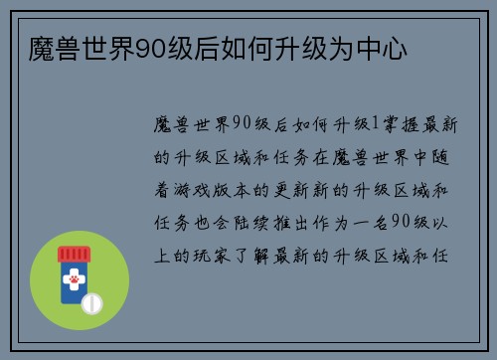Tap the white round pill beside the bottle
[x=91, y=301]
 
